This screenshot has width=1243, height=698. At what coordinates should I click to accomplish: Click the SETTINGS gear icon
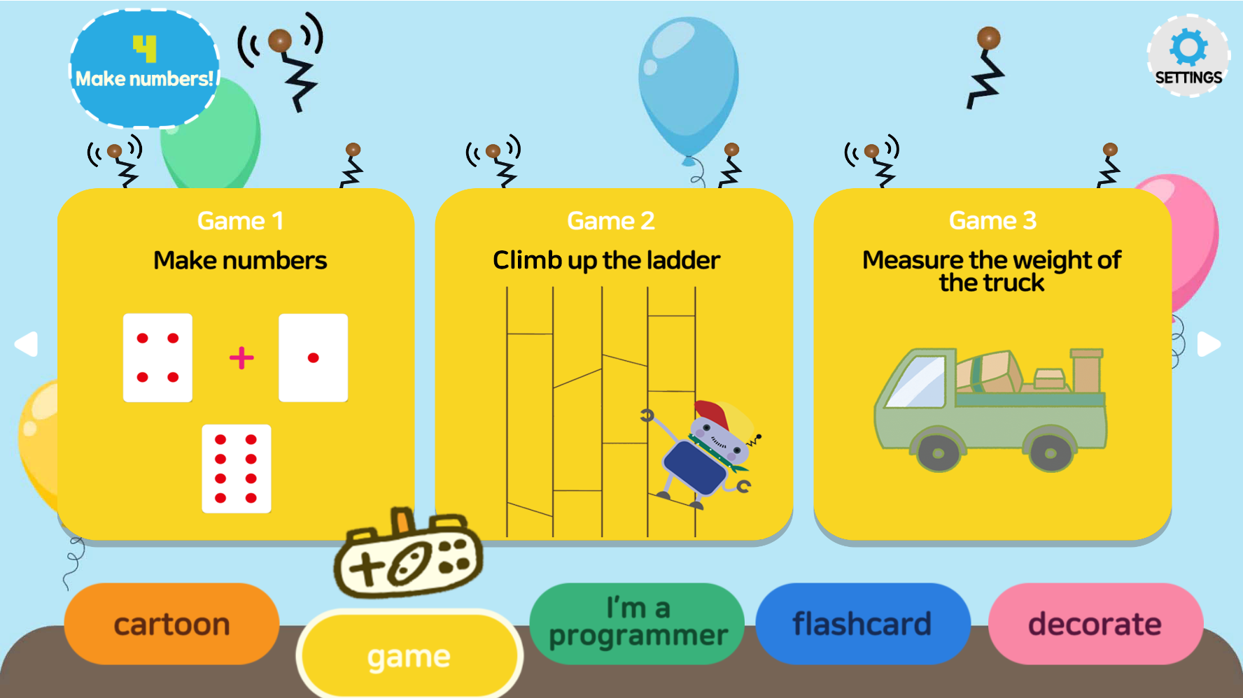[x=1188, y=48]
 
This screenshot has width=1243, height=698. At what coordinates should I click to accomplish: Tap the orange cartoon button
[x=171, y=624]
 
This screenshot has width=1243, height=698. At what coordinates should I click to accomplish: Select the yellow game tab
[x=409, y=655]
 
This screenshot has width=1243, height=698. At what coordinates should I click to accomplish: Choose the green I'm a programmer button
[x=638, y=622]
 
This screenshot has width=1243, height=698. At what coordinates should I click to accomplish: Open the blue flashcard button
[x=862, y=624]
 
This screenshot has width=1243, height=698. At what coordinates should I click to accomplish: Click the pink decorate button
[x=1095, y=624]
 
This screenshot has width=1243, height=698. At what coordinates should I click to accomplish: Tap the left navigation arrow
[x=27, y=344]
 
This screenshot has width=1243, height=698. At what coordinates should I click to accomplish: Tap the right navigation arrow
[x=1209, y=344]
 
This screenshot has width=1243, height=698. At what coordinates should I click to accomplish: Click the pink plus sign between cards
[x=241, y=358]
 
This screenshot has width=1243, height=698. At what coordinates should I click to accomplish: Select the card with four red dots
[x=157, y=357]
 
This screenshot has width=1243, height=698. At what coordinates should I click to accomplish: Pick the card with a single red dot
[x=313, y=357]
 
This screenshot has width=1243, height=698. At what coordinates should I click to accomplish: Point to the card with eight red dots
[x=236, y=469]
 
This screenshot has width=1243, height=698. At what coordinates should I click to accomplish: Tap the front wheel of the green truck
[x=937, y=453]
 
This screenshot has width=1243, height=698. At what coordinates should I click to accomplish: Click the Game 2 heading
[x=610, y=221]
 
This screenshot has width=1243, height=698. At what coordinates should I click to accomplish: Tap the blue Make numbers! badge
[x=144, y=69]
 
